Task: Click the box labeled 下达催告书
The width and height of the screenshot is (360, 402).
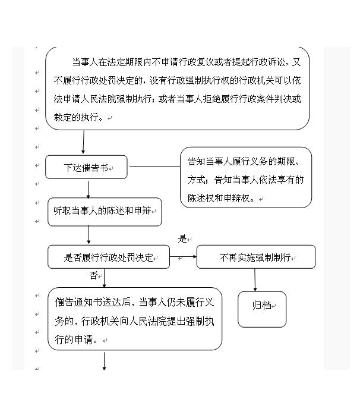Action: (x=86, y=167)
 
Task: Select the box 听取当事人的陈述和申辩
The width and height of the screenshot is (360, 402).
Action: (x=105, y=212)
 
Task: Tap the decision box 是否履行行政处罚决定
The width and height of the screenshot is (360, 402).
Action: (x=109, y=257)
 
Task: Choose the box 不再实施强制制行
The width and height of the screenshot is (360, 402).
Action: (x=256, y=257)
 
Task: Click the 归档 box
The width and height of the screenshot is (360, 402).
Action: (x=262, y=309)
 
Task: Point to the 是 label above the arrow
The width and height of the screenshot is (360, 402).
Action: (x=182, y=238)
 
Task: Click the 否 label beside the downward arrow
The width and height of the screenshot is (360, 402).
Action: (x=93, y=275)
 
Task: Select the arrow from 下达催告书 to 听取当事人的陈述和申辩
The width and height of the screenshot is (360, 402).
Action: (x=88, y=190)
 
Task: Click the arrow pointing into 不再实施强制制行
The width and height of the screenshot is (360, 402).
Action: (x=184, y=256)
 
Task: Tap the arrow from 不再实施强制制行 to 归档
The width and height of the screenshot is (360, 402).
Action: (x=255, y=280)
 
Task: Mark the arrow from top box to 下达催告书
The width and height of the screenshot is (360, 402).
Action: (x=84, y=142)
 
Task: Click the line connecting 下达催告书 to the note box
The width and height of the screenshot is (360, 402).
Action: (x=155, y=166)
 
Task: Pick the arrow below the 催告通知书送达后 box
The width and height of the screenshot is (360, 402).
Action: (x=104, y=361)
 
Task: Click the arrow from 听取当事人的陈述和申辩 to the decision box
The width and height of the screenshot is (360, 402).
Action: (x=89, y=235)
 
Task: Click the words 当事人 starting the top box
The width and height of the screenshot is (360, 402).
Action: (x=85, y=62)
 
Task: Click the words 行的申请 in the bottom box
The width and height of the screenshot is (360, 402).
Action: (x=74, y=340)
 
